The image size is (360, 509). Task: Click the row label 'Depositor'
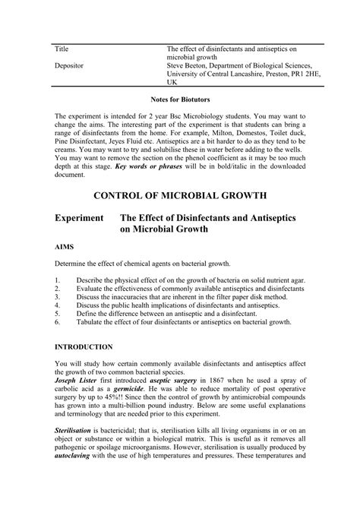click(69, 66)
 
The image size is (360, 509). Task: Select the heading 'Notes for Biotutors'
click(180, 99)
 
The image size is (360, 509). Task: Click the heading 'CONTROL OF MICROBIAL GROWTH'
click(179, 195)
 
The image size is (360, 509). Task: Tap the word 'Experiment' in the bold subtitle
click(78, 218)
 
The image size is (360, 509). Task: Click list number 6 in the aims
click(57, 321)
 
